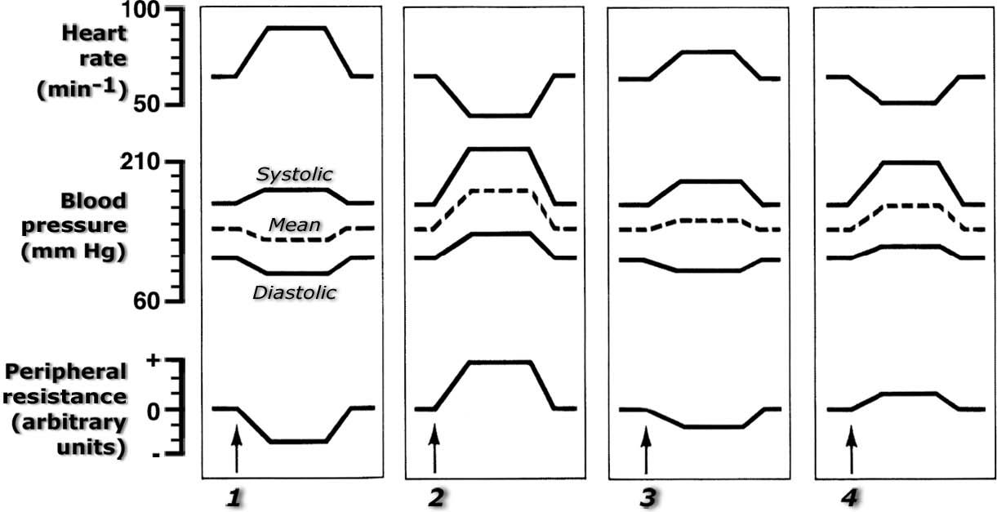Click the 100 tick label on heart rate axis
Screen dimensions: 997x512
(140, 10)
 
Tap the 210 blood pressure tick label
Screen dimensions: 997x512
(140, 162)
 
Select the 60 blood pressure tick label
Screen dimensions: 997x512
(146, 301)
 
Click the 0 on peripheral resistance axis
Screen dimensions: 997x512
(153, 412)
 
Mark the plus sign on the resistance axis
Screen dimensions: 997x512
(153, 360)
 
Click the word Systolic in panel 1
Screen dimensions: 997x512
(294, 174)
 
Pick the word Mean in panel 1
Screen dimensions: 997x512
(294, 225)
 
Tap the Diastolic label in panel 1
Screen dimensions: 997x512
(294, 292)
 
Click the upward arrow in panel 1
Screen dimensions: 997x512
(237, 449)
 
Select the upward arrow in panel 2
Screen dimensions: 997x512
(434, 449)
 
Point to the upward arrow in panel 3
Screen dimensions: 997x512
(646, 450)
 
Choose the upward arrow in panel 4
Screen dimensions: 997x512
(852, 450)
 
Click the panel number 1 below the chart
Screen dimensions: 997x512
(234, 497)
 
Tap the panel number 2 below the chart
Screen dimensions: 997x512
(436, 497)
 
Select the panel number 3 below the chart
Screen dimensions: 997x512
(648, 497)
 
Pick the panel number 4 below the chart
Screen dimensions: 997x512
(849, 497)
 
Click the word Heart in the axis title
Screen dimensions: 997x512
(94, 33)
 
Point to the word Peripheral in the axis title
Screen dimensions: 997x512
(66, 372)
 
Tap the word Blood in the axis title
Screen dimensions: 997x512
(93, 201)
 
